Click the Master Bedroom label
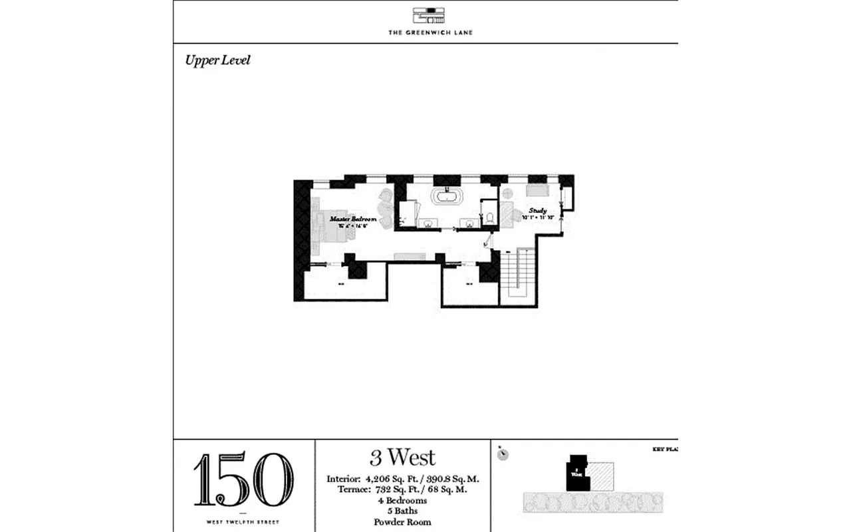pyautogui.click(x=353, y=219)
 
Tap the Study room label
pyautogui.click(x=537, y=211)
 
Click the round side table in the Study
pyautogui.click(x=508, y=194)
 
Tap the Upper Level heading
pyautogui.click(x=217, y=61)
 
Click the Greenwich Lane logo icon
pyautogui.click(x=430, y=16)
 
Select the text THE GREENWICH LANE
pyautogui.click(x=430, y=32)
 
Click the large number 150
pyautogui.click(x=243, y=480)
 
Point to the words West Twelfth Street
pyautogui.click(x=243, y=522)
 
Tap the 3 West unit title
pyautogui.click(x=403, y=458)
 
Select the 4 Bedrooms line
pyautogui.click(x=403, y=501)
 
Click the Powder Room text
pyautogui.click(x=403, y=522)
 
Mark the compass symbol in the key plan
pyautogui.click(x=504, y=454)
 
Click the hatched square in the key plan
pyautogui.click(x=602, y=476)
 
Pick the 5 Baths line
pyautogui.click(x=403, y=511)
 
